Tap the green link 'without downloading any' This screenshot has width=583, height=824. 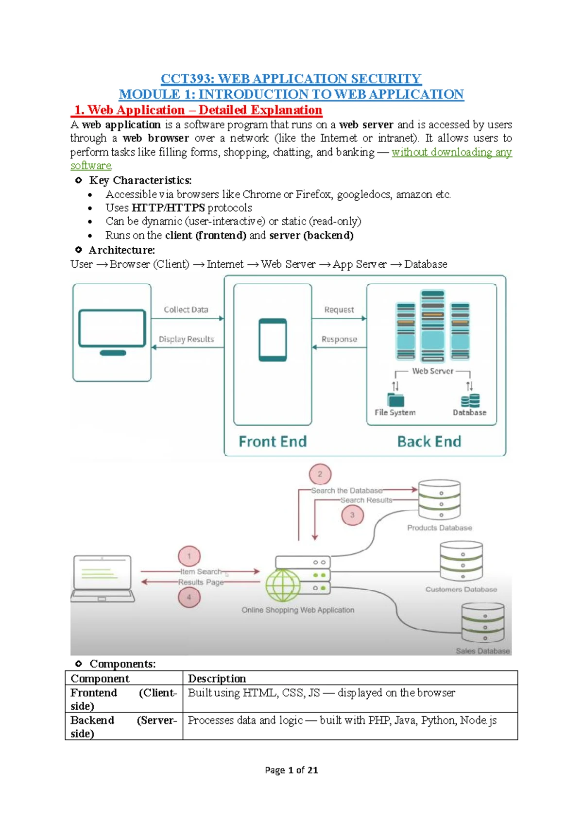tap(451, 152)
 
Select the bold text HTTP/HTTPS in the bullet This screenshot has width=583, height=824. tap(168, 208)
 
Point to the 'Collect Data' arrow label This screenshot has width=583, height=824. tap(186, 309)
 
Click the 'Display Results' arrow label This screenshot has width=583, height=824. tap(186, 339)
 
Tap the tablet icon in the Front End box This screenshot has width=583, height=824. tap(273, 340)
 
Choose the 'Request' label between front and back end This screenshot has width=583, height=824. tap(339, 309)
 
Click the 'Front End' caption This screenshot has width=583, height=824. tap(273, 441)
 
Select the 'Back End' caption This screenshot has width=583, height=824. tap(429, 441)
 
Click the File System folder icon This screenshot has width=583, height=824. tap(395, 400)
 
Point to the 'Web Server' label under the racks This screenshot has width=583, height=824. tap(432, 371)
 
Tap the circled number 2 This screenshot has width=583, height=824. tap(320, 474)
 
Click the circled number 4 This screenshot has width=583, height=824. tap(189, 597)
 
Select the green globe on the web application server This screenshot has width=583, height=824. tap(283, 585)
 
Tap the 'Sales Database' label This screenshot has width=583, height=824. tap(482, 651)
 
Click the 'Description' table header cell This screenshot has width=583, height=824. tap(217, 678)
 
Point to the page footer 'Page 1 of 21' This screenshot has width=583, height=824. tap(291, 770)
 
